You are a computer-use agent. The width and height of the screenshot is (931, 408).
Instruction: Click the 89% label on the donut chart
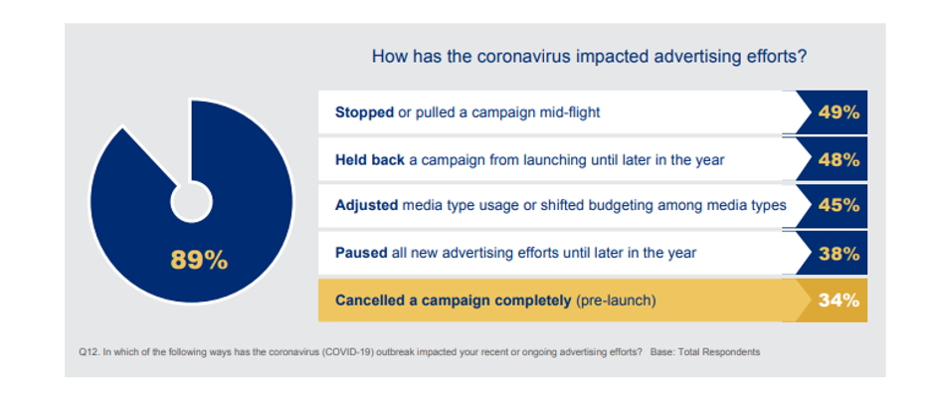click(x=199, y=260)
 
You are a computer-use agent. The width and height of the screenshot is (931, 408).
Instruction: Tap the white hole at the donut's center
click(x=191, y=202)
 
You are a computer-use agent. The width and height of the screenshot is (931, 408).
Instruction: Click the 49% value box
click(x=833, y=112)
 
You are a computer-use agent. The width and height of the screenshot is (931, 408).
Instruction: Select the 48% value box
click(x=833, y=159)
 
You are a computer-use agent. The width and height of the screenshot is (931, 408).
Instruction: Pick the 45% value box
click(x=833, y=205)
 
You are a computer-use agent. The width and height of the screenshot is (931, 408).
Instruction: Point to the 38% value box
click(x=833, y=253)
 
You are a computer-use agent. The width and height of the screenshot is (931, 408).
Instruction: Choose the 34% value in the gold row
click(x=838, y=301)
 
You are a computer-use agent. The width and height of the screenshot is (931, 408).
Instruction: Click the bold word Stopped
click(x=365, y=112)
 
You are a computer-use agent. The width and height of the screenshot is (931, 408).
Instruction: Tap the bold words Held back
click(x=370, y=160)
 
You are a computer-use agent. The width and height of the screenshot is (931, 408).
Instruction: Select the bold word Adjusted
click(x=366, y=206)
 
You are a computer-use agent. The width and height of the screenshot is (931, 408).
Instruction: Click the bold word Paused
click(x=362, y=253)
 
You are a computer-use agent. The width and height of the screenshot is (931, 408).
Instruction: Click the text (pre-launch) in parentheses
click(x=616, y=302)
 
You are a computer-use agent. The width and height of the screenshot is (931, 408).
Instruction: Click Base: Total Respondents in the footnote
click(x=705, y=352)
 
